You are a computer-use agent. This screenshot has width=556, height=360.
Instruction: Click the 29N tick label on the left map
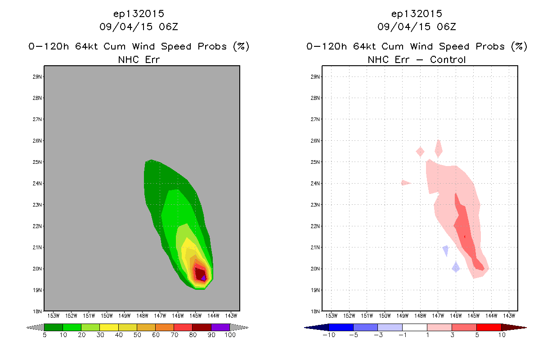click(x=37, y=76)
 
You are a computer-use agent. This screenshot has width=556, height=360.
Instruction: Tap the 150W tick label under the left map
click(x=107, y=316)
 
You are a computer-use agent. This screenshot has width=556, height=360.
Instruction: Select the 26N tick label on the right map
click(x=315, y=141)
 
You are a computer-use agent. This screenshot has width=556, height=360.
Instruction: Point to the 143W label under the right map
click(x=509, y=316)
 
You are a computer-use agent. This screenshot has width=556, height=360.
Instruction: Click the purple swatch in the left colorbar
click(x=220, y=327)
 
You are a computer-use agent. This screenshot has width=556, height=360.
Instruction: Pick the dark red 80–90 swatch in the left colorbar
click(x=202, y=327)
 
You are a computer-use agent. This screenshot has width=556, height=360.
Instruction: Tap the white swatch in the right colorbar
click(x=415, y=327)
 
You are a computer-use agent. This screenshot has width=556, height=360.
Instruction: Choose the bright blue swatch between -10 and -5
click(x=341, y=327)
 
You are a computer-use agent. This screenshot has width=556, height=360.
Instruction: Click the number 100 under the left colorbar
click(x=230, y=335)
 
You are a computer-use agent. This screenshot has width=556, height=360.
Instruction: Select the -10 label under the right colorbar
click(x=329, y=335)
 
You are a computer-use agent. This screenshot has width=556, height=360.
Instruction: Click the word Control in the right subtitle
click(x=448, y=59)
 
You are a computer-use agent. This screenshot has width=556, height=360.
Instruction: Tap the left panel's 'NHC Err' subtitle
click(x=139, y=59)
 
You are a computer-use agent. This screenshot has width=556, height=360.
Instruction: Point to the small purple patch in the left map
click(x=203, y=278)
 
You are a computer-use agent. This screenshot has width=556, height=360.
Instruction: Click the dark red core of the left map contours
click(x=199, y=274)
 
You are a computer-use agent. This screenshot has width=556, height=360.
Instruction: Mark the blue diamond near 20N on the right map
click(x=456, y=267)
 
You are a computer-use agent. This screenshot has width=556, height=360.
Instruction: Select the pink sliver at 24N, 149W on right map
click(x=406, y=183)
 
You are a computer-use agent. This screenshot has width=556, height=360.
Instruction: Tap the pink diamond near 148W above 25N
click(x=420, y=152)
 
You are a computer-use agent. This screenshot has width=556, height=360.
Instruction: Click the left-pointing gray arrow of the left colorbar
click(x=35, y=328)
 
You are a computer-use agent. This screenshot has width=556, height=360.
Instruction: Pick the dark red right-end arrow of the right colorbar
click(x=514, y=328)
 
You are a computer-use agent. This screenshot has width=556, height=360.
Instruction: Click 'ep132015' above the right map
click(x=417, y=14)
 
